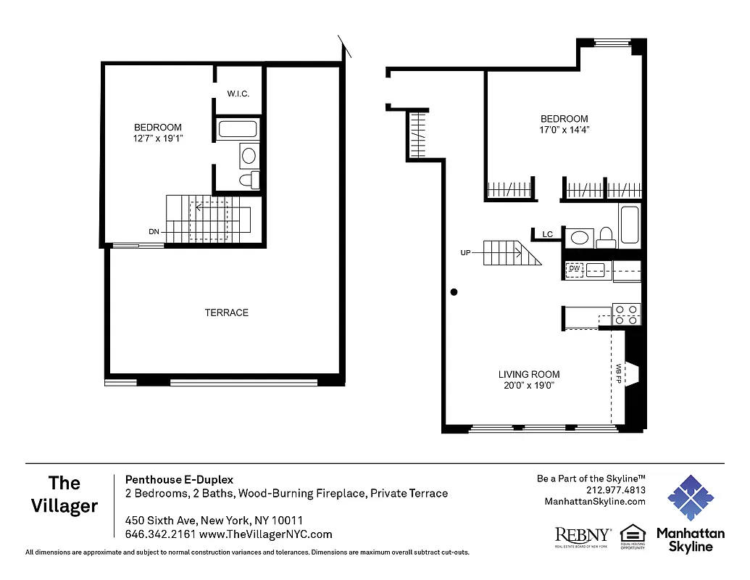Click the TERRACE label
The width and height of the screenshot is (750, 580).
pos(226,312)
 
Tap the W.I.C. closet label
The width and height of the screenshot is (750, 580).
pos(238,94)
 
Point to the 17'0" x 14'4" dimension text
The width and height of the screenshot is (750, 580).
pos(564,130)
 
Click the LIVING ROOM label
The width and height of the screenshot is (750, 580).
pos(529,374)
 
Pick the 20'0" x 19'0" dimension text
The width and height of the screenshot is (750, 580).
pos(529,386)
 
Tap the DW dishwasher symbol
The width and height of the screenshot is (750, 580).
pos(575,269)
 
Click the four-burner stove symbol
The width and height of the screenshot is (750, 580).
pos(627,314)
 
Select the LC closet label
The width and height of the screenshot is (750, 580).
pos(548,234)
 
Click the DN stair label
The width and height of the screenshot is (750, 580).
pos(154,232)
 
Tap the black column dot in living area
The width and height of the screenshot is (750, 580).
pos(454,292)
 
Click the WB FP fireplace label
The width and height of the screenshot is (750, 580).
pos(619,373)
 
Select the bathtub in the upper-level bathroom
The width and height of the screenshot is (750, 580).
pos(238,130)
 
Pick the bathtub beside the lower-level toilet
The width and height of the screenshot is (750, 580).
pos(629,225)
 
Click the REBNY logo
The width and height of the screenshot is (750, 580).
pos(583,536)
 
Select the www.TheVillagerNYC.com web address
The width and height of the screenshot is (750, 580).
pos(265,534)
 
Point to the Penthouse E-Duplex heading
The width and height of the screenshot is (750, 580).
pos(179,479)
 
